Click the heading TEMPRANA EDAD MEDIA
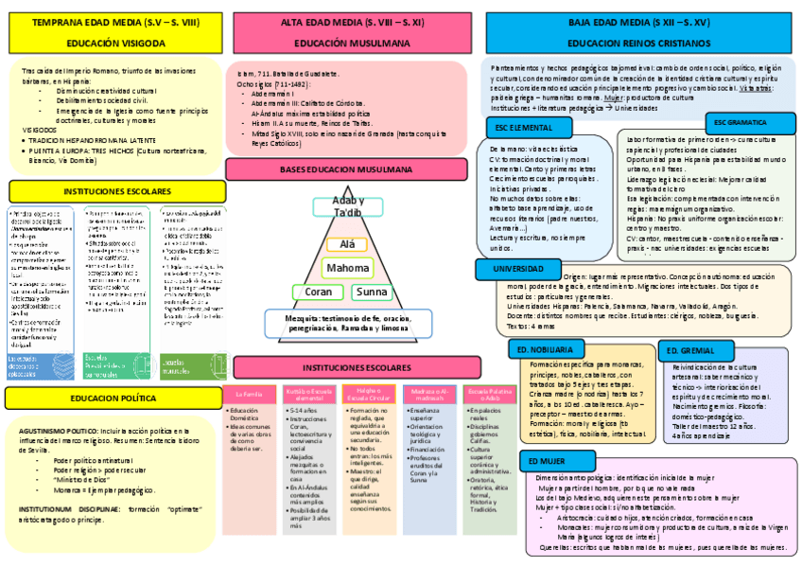pyautogui.click(x=116, y=21)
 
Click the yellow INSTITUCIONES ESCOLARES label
pyautogui.click(x=116, y=190)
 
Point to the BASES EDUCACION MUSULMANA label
pyautogui.click(x=347, y=168)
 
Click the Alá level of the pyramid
pyautogui.click(x=347, y=244)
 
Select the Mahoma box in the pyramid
pyautogui.click(x=347, y=268)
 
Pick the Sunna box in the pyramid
pyautogui.click(x=371, y=292)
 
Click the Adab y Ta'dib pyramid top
pyautogui.click(x=346, y=207)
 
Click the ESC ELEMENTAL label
pyautogui.click(x=524, y=128)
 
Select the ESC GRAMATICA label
pyautogui.click(x=741, y=123)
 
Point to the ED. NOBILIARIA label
pyautogui.click(x=547, y=349)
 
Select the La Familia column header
pyautogui.click(x=250, y=392)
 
